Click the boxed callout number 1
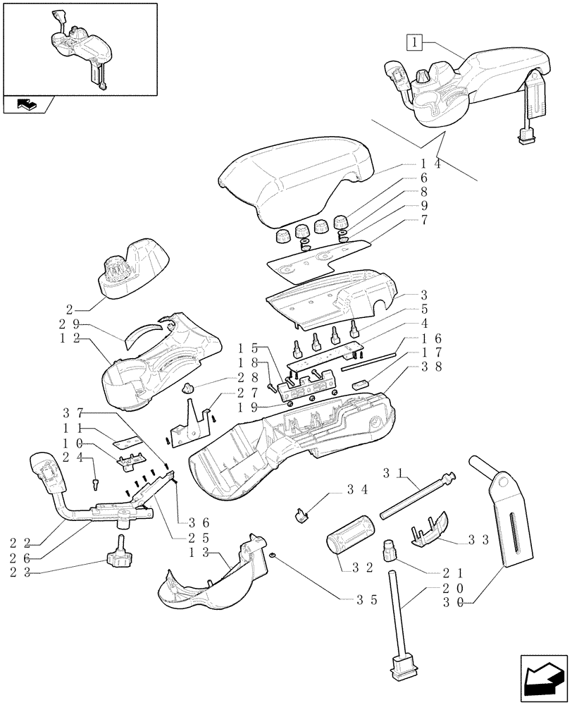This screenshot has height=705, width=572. point(416,42)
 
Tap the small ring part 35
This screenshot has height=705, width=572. point(271,557)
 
